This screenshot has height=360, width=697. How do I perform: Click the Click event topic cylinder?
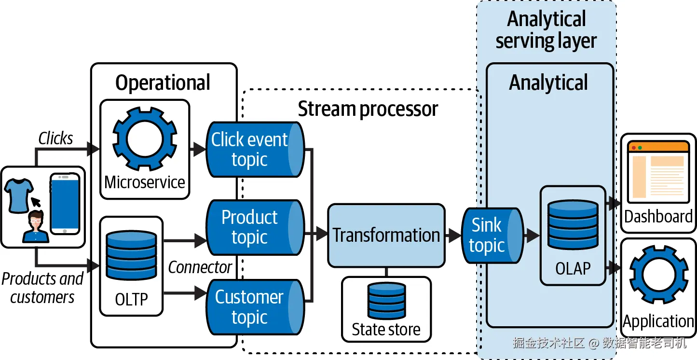click(255, 150)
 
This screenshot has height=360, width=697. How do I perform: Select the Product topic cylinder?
click(255, 227)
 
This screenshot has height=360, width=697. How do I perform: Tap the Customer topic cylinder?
click(255, 307)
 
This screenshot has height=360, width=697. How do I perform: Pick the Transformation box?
click(386, 235)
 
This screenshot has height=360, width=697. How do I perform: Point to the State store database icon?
click(386, 302)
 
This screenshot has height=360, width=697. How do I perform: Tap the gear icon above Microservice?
click(144, 139)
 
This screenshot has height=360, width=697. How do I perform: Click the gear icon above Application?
click(658, 275)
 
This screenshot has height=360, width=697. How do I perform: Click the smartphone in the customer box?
click(65, 204)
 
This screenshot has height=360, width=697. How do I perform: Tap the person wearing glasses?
click(36, 227)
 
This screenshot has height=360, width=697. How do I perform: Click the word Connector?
click(200, 267)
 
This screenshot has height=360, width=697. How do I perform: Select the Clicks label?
click(55, 138)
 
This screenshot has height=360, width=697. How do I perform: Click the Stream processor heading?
click(368, 109)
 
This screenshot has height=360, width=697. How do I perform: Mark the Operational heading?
click(163, 83)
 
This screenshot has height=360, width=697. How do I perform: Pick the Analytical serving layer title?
click(546, 30)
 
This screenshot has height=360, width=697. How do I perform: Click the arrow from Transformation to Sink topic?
click(453, 235)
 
